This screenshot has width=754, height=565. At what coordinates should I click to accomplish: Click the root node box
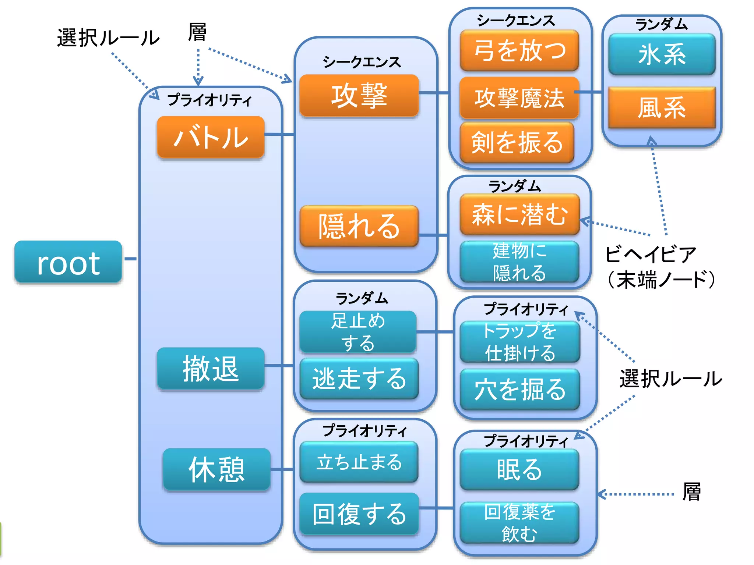68,262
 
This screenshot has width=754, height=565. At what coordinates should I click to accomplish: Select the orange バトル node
211,137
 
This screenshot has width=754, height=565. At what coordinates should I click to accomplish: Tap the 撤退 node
211,368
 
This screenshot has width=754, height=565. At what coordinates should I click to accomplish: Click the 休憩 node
216,469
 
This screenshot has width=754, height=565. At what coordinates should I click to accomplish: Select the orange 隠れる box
359,226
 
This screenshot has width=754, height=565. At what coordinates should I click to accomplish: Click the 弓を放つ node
519,50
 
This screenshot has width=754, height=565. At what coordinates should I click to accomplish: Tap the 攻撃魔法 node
519,98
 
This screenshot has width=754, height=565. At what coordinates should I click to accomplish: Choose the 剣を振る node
517,142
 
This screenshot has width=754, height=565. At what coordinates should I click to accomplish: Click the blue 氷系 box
662,54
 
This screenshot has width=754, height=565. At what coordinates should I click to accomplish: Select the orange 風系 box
662,107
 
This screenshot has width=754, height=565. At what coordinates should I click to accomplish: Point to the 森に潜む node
519,214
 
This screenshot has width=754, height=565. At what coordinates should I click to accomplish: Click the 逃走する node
359,379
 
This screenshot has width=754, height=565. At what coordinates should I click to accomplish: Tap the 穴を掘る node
519,389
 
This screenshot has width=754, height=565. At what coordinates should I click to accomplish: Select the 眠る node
519,469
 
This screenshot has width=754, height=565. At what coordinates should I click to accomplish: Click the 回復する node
359,514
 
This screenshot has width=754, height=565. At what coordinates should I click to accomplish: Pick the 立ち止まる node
359,462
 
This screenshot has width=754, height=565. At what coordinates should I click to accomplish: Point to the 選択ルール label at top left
108,38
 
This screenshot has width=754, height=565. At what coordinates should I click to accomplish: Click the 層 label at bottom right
691,492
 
